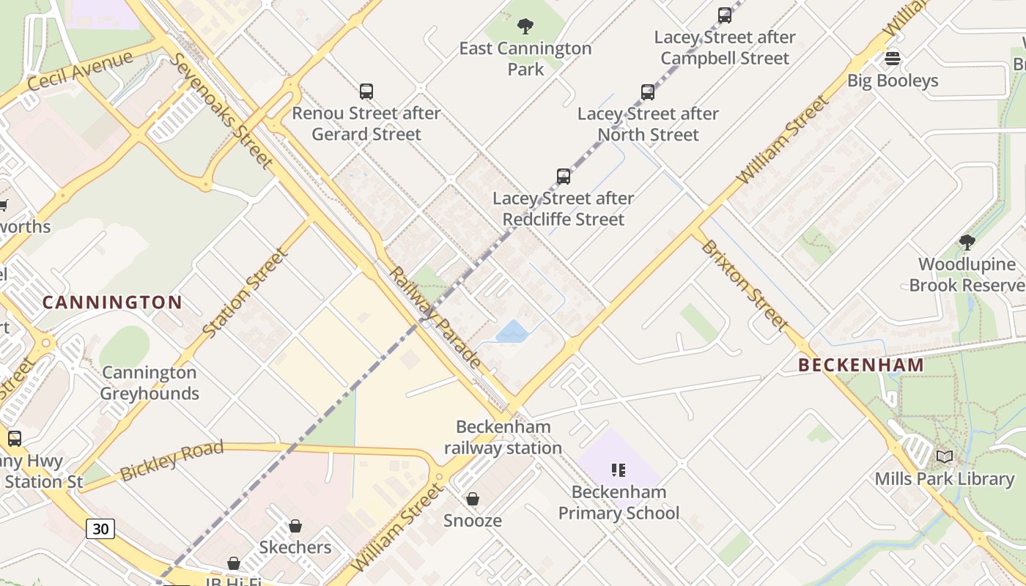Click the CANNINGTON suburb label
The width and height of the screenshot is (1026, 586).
112,303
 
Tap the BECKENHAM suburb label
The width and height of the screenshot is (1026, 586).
861,365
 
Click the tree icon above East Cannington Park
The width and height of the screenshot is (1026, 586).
525,27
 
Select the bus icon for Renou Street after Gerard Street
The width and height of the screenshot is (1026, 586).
366,92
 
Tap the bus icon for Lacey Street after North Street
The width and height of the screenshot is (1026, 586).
648,92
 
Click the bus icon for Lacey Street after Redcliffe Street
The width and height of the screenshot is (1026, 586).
564,177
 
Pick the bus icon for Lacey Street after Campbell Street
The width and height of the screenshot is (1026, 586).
725,15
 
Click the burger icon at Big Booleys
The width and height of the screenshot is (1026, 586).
893,59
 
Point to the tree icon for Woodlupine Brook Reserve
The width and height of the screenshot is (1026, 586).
967,242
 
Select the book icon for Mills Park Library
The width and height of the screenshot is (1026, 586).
945,457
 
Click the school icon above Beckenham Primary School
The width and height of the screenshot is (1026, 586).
619,470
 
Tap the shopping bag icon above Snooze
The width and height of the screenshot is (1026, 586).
473,499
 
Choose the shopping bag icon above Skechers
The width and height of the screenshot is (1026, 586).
295,526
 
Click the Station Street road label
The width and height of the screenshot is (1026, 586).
245,293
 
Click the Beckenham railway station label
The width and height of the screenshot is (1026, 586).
503,437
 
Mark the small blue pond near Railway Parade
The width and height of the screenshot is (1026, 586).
512,332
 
